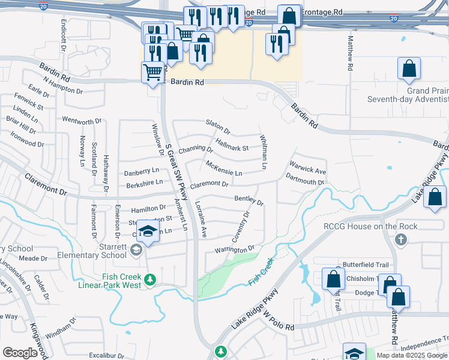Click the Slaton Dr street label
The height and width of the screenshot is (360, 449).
pos(218,126)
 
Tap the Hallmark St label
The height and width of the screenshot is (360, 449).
pos(232,145)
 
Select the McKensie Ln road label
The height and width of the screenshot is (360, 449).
pos(223,168)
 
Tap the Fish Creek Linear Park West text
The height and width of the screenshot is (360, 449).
pos(110,281)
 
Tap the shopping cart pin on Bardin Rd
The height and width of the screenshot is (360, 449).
pos(153,73)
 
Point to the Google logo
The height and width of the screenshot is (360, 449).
pos(20,353)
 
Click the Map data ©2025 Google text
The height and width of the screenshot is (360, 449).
pos(412,355)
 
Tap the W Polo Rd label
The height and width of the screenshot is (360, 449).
pos(278,323)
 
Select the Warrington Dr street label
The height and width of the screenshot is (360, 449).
pos(235,249)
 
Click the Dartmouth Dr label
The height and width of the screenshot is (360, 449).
pos(305,179)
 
